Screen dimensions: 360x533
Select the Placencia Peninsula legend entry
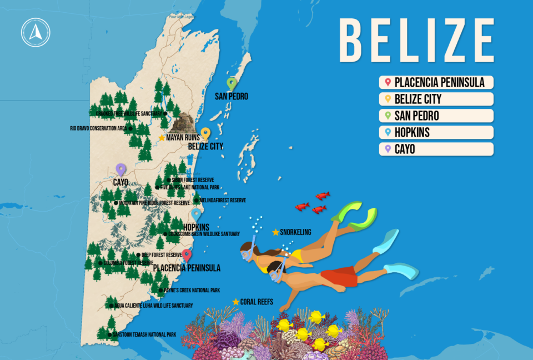pyautogui.click(x=436, y=83)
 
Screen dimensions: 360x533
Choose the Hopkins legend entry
pyautogui.click(x=436, y=133)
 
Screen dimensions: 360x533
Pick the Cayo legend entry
pyautogui.click(x=436, y=149)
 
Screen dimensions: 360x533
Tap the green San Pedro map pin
pyautogui.click(x=232, y=83)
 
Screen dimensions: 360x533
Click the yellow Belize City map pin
pyautogui.click(x=205, y=133)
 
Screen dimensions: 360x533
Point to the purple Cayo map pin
pyautogui.click(x=120, y=169)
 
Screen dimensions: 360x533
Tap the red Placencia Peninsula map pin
pyautogui.click(x=187, y=255)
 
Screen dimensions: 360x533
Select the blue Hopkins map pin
pyautogui.click(x=196, y=214)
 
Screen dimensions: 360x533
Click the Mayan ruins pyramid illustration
pyautogui.click(x=183, y=123)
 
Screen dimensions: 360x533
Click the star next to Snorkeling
pyautogui.click(x=276, y=232)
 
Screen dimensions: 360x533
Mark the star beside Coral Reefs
pyautogui.click(x=236, y=302)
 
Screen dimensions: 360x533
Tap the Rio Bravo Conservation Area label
pyautogui.click(x=99, y=128)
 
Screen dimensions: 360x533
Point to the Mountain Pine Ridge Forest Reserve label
pyautogui.click(x=153, y=203)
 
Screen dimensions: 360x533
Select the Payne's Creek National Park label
pyautogui.click(x=192, y=291)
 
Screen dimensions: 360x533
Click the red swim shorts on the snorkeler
pyautogui.click(x=339, y=276)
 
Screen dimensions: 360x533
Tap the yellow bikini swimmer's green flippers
pyautogui.click(x=355, y=217)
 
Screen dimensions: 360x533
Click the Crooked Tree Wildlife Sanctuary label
pyautogui.click(x=129, y=114)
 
